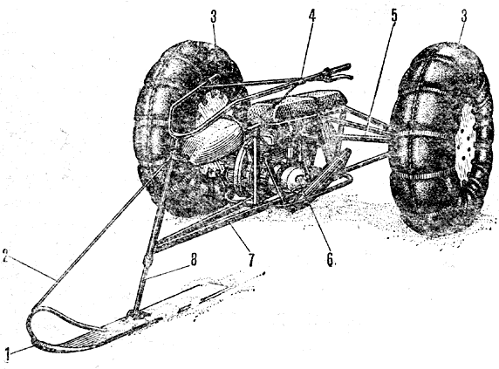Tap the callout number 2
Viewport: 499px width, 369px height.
(6, 256)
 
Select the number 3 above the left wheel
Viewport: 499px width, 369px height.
(213, 17)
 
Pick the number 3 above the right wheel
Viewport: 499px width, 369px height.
(463, 17)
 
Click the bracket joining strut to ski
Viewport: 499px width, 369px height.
(138, 314)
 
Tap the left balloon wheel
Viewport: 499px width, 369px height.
(188, 127)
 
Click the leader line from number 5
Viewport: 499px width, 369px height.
(380, 79)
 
